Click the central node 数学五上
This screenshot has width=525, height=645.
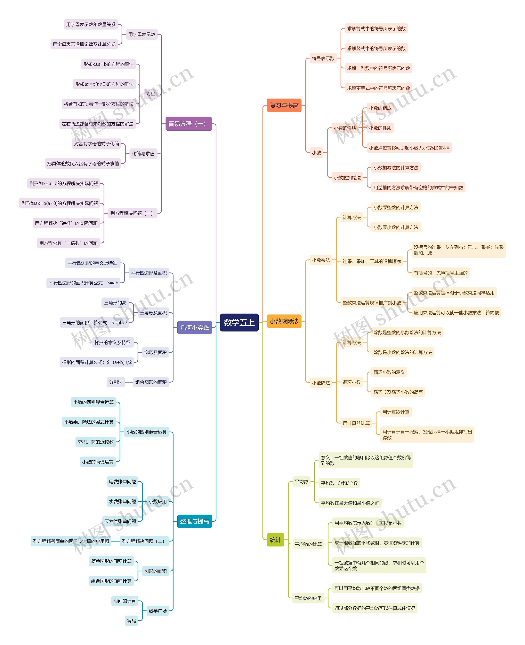coord(239,322)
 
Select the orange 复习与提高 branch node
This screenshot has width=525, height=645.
coord(284,105)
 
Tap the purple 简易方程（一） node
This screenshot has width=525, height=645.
coord(188,124)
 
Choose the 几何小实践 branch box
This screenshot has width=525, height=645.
coord(194,327)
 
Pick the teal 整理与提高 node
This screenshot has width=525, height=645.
coord(194,521)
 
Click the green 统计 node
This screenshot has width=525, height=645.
coord(275,540)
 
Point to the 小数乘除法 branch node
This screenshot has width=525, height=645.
coord(284,321)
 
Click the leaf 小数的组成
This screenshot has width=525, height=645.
coord(380,108)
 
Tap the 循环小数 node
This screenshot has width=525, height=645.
coord(352,382)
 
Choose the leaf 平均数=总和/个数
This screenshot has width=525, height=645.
coord(339,483)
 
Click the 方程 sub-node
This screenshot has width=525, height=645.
coord(151,94)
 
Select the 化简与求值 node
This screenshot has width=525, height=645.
coord(143,154)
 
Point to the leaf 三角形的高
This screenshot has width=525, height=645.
coord(115,302)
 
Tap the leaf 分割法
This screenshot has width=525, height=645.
coord(116,382)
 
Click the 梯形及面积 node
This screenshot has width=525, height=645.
coord(155,352)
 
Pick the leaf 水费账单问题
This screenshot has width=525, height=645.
coord(122,501)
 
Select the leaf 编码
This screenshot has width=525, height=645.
coord(131,621)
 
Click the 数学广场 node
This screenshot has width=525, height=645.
coord(157,611)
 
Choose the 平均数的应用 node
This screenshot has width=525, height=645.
coord(308,598)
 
